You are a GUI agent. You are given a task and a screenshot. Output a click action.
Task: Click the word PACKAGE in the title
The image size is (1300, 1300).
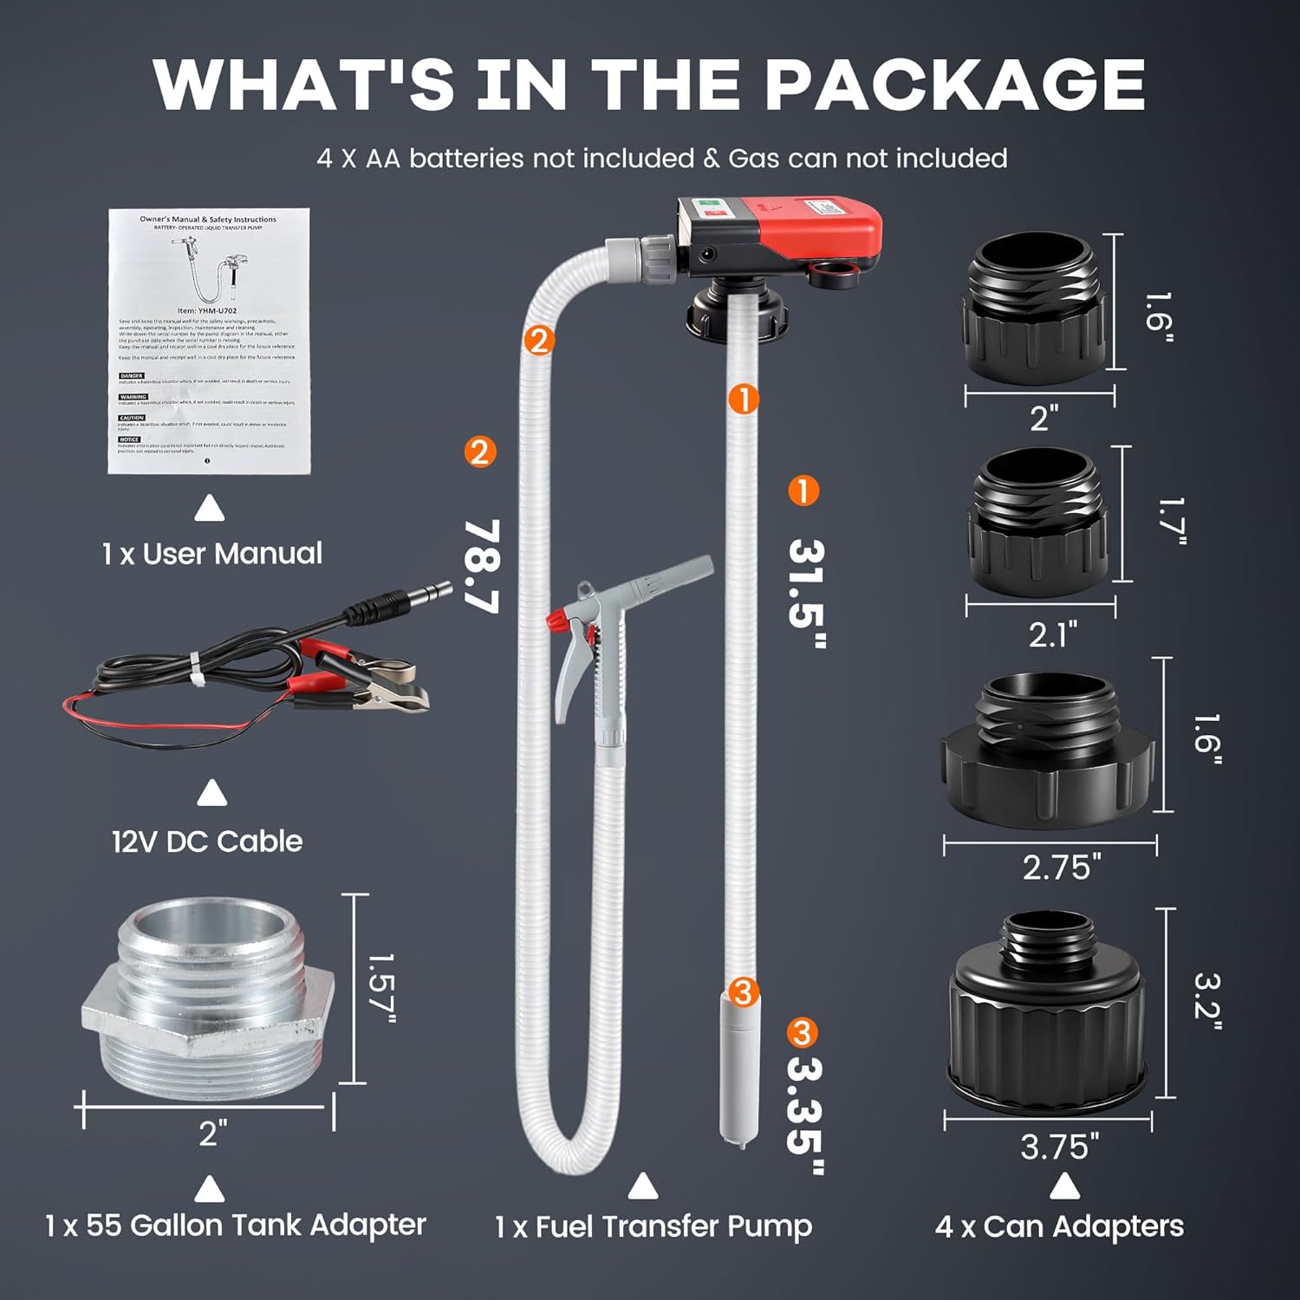[953, 85]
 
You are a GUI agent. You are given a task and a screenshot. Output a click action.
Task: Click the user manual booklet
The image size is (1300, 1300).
[209, 341]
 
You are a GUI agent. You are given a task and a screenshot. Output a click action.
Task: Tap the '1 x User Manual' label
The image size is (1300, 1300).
[211, 554]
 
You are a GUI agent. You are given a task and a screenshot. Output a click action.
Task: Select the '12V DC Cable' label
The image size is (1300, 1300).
[207, 842]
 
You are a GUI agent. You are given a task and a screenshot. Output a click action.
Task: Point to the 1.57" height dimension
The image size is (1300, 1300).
[380, 988]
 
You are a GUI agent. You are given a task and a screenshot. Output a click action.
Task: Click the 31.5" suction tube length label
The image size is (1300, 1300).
[805, 594]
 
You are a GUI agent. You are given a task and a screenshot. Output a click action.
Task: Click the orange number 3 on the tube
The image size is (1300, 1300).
[744, 991]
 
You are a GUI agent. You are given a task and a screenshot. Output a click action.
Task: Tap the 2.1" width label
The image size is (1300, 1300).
[1053, 635]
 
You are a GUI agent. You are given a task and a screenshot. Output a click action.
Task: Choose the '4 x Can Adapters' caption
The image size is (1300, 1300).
[1059, 1226]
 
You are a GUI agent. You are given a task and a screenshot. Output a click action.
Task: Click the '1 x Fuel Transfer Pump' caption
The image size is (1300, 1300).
[653, 1226]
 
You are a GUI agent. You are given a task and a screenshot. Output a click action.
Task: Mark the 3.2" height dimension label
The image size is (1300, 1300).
[1206, 1001]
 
